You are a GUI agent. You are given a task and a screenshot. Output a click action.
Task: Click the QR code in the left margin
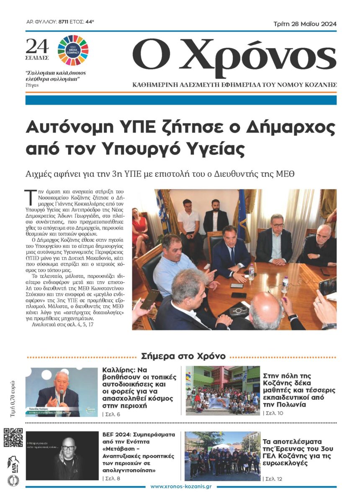point(13,437)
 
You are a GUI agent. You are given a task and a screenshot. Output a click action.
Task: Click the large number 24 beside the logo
point(37,46)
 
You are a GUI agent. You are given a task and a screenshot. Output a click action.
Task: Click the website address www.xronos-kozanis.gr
point(182,486)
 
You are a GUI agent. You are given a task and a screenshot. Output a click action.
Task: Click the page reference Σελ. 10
point(274,413)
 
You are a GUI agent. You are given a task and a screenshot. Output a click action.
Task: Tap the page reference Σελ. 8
point(112,478)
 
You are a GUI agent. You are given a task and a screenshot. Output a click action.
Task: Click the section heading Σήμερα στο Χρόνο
point(183,356)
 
